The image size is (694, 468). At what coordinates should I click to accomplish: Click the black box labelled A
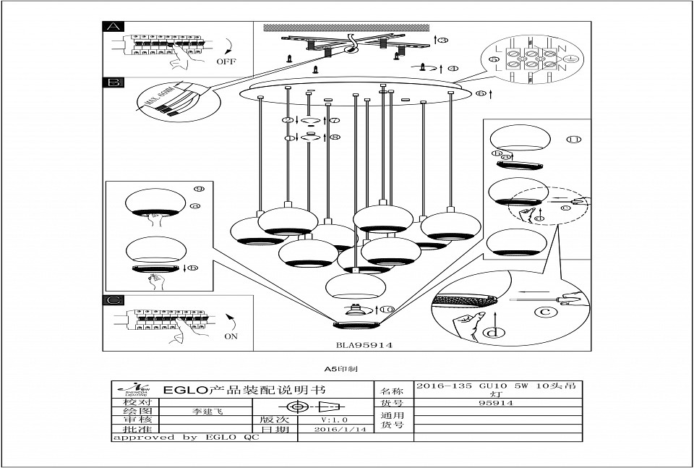pyautogui.click(x=114, y=27)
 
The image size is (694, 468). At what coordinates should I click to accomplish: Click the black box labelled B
pyautogui.click(x=114, y=82)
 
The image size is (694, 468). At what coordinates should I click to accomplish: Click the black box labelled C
pyautogui.click(x=114, y=300)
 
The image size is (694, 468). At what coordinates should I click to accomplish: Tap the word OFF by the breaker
pyautogui.click(x=226, y=61)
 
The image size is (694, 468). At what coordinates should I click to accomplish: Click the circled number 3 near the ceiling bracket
pyautogui.click(x=442, y=39)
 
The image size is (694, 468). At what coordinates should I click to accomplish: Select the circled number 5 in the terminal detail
pyautogui.click(x=494, y=59)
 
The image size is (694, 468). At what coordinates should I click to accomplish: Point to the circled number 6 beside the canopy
pyautogui.click(x=481, y=95)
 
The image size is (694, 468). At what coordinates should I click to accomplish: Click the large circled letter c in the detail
pyautogui.click(x=547, y=312)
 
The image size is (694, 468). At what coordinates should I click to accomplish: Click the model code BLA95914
pyautogui.click(x=364, y=346)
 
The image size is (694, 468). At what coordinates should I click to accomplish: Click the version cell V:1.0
pyautogui.click(x=335, y=419)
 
